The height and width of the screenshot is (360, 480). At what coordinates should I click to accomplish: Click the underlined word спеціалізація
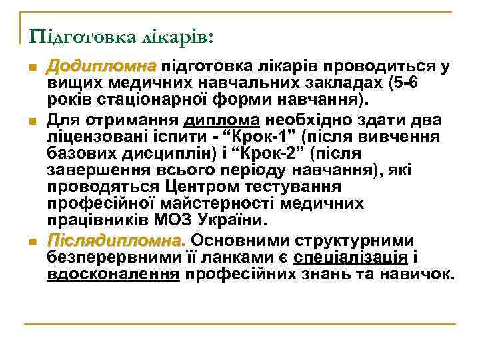click(351, 257)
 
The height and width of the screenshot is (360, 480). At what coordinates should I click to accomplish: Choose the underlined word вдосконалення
click(113, 275)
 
